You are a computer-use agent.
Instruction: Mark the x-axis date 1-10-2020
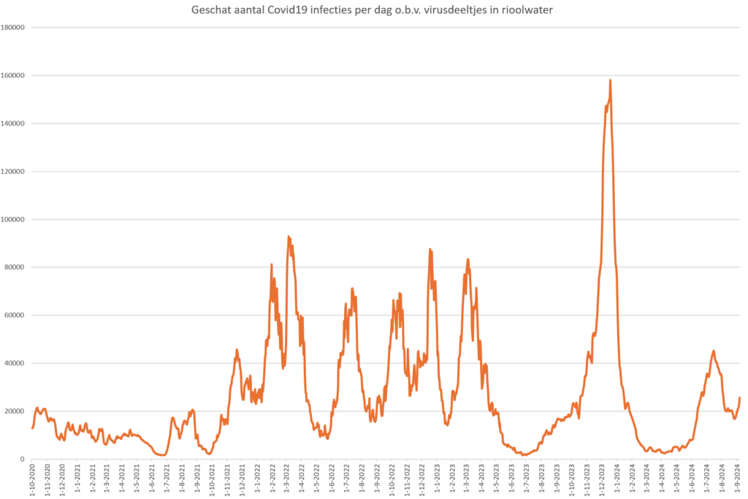[33, 479]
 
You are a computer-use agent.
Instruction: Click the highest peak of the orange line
[610, 80]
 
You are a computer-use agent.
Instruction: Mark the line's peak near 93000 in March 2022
[289, 237]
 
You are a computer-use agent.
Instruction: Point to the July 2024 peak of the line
[713, 351]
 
